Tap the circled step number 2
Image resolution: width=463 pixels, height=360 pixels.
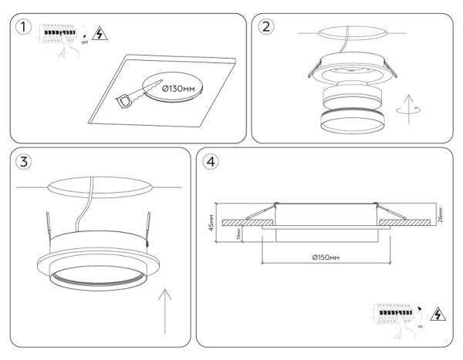[267, 27]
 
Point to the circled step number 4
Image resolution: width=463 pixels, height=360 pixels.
[210, 163]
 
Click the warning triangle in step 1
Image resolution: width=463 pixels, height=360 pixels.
[98, 32]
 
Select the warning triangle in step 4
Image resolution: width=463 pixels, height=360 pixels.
[439, 315]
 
